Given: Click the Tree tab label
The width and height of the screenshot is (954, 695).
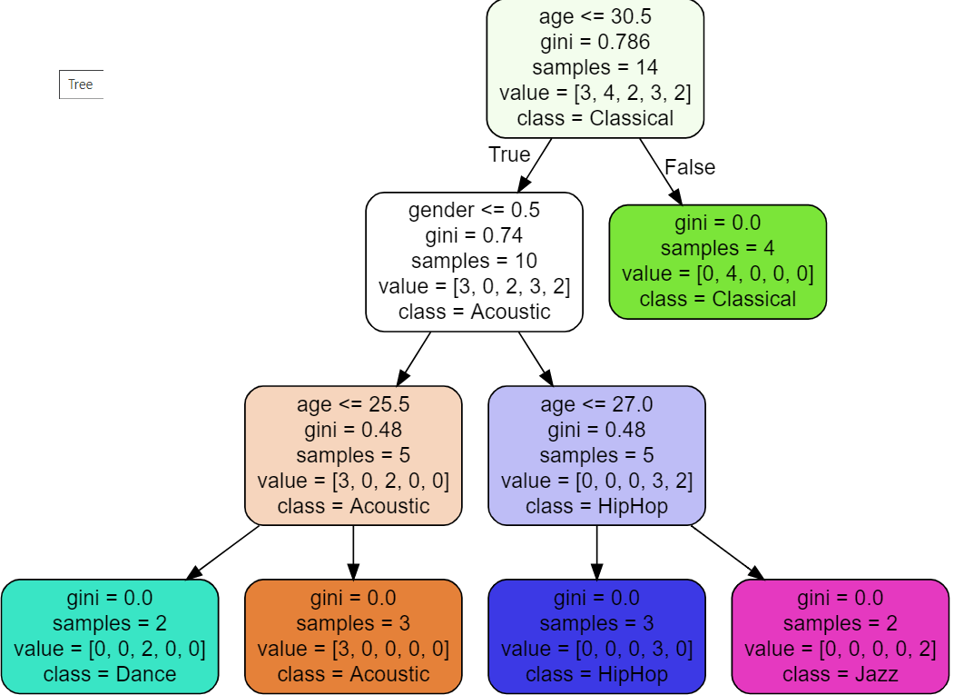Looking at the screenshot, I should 81,84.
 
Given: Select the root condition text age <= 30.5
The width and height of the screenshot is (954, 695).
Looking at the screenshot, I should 595,16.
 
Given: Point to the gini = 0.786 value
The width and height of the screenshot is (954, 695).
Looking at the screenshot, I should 595,42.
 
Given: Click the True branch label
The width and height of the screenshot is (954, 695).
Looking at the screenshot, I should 509,154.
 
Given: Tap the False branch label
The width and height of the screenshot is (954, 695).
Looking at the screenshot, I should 690,167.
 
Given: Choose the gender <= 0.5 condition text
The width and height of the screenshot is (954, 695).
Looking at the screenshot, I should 474,210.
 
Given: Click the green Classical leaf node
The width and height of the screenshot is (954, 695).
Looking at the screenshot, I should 717,262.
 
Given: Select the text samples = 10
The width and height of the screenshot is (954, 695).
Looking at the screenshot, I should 474,261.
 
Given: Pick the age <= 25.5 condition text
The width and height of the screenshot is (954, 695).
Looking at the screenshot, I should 353,404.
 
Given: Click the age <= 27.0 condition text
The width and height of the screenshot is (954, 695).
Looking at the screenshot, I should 596,404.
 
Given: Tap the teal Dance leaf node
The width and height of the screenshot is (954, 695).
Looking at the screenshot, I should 110,636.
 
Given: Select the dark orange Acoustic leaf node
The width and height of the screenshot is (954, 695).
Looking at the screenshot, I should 353,636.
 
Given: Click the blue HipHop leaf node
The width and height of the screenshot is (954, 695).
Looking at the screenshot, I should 596,636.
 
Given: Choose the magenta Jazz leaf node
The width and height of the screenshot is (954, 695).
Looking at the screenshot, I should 840,636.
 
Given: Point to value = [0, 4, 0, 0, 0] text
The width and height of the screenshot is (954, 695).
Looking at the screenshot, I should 717,273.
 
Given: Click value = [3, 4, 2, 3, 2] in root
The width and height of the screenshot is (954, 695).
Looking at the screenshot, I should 595,93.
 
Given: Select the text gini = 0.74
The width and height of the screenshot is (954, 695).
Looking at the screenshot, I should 474,235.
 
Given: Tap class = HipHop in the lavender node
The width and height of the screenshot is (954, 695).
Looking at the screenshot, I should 596,506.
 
